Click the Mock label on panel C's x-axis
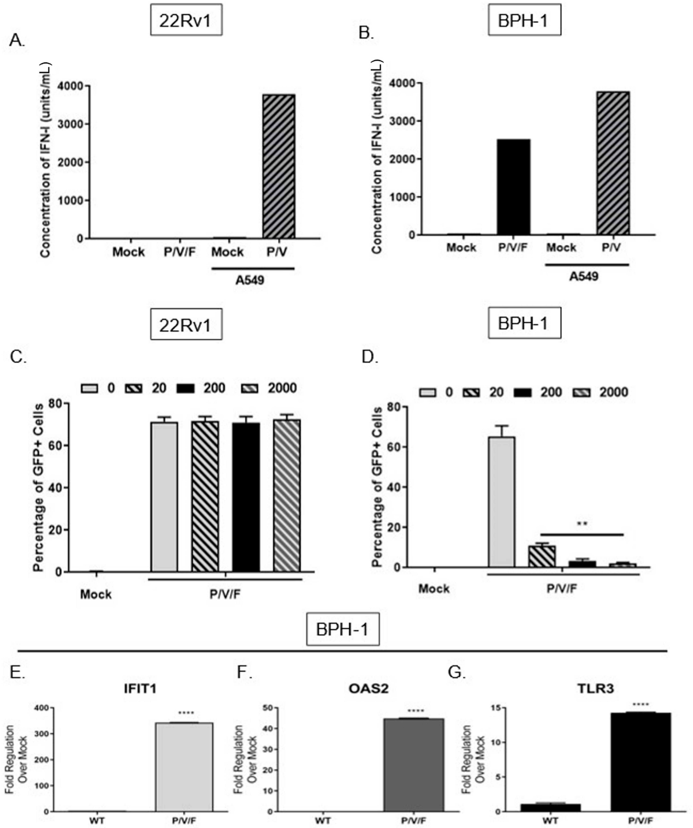(96, 594)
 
